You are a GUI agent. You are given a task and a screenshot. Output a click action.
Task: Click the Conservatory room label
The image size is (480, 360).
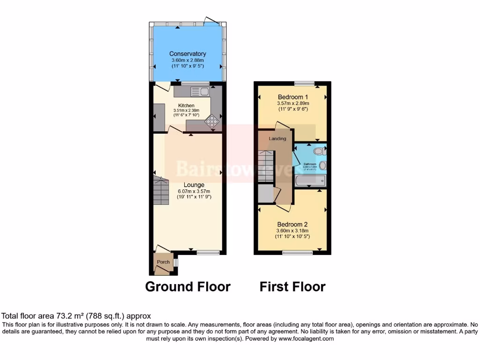[x=187, y=54]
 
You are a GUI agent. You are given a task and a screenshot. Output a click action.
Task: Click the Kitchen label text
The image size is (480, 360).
[x=187, y=105]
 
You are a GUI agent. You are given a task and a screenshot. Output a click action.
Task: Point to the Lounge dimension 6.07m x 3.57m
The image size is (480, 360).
[x=194, y=191]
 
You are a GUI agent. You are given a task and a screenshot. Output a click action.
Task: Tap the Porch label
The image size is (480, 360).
[x=163, y=262]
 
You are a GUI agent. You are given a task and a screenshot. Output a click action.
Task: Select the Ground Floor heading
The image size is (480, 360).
[x=187, y=286]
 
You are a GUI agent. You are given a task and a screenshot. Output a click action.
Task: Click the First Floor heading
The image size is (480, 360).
[x=292, y=286]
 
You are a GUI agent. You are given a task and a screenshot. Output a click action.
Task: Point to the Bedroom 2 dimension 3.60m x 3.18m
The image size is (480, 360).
[x=292, y=231]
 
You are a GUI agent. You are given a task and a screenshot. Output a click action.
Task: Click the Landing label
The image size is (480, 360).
[x=277, y=139]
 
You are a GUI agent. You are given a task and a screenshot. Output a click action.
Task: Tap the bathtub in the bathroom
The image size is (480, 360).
[x=310, y=181]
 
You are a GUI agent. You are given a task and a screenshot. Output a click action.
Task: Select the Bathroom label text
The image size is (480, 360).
[x=310, y=164]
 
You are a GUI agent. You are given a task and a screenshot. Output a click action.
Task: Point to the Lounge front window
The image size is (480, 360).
[x=208, y=253]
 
